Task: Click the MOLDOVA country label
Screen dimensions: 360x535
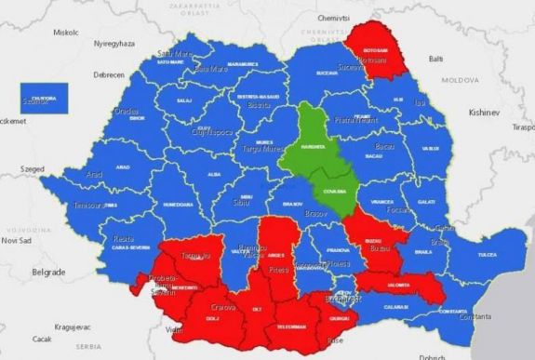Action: coord(459,81)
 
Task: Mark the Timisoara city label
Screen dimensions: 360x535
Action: coord(92,204)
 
